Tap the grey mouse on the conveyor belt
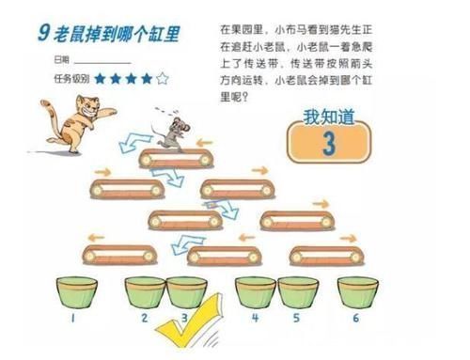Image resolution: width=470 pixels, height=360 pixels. point(172,134)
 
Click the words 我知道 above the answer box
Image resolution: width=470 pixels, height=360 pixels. point(328,117)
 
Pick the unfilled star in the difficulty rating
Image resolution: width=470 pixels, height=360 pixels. point(163,79)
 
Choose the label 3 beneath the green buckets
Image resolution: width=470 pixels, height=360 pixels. point(184,319)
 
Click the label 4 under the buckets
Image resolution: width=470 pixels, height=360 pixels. point(255,319)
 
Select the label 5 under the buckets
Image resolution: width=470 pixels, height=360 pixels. point(294,319)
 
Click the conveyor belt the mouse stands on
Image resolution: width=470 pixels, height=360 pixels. point(174,158)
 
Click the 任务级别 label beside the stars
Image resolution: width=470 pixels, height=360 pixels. point(71,79)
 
